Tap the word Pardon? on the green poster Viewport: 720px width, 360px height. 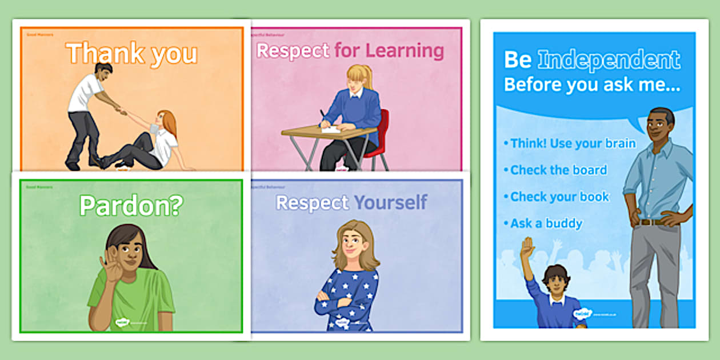pos(131,206)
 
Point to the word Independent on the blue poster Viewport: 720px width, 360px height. pos(609,59)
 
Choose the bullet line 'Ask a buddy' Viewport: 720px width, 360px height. pos(546,223)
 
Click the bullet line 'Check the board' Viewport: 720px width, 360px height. pos(558,170)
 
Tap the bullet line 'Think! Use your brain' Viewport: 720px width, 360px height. pos(573,143)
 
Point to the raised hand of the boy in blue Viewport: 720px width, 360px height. pos(527,247)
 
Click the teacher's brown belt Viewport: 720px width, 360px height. pos(651,222)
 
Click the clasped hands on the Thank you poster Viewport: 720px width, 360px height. pos(121,111)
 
